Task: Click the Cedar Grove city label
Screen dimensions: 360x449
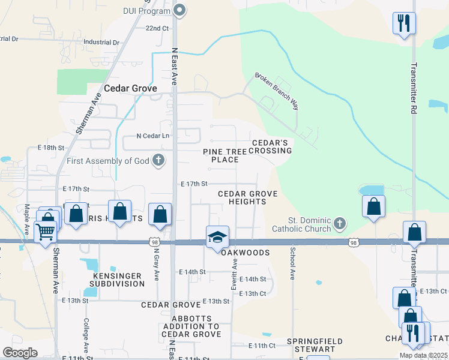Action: [130, 88]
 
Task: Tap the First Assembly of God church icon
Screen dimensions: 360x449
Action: [158, 160]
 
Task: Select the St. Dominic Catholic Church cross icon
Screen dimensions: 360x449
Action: [340, 224]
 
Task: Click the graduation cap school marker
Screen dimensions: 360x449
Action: [217, 236]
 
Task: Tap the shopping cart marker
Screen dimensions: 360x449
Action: [46, 231]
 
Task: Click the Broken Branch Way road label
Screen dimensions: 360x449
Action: [277, 92]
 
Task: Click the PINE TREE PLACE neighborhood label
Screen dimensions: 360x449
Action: [225, 156]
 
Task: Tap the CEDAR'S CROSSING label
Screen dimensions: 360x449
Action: [271, 146]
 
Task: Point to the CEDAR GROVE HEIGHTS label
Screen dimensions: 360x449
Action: [247, 197]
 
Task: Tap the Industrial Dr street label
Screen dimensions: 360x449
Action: [102, 43]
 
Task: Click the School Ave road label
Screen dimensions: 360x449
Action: [293, 264]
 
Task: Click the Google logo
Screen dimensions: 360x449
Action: [20, 352]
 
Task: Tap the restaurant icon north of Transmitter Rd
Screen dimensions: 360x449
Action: [403, 24]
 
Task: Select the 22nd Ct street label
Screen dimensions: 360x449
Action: [157, 28]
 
